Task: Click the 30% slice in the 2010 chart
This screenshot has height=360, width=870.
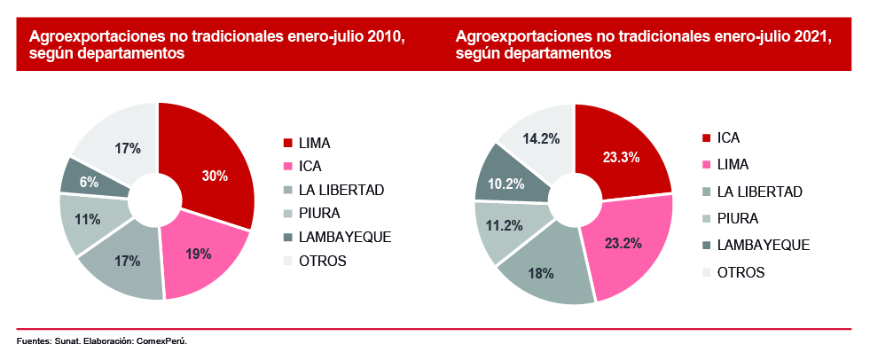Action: click(215, 176)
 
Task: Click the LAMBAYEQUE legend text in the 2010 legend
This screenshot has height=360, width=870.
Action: click(346, 237)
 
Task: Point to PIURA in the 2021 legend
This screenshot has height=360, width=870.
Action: click(739, 218)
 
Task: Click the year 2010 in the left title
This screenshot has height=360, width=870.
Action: click(386, 37)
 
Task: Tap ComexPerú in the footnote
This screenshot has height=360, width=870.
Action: click(163, 341)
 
